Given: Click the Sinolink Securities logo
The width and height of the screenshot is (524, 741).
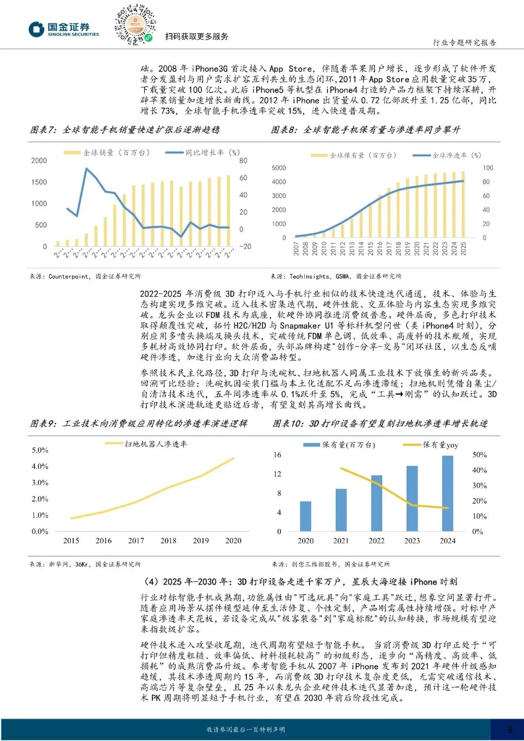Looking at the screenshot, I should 64,29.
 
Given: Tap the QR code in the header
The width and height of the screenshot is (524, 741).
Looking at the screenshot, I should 135,25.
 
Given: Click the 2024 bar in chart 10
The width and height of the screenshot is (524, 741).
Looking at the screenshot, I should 447,493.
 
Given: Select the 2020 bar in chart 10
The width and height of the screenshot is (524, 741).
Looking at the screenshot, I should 305,516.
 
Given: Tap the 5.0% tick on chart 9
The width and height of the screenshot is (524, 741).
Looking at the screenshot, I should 40,450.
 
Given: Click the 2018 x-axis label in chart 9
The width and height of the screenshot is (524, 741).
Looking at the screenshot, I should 168,541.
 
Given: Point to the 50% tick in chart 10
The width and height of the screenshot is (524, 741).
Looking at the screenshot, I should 479,455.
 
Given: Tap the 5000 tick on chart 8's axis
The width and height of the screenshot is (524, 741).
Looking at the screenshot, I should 278,168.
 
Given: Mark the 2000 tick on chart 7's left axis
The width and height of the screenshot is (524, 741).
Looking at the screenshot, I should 39,161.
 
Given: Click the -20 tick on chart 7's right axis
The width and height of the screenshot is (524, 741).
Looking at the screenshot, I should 245,247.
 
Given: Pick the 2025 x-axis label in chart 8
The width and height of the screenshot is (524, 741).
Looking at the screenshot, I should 463,249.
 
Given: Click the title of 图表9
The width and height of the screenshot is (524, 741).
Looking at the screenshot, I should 139,424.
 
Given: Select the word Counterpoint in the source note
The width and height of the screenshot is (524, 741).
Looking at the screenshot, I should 68,277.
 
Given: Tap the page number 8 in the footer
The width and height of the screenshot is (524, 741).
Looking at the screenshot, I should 510,729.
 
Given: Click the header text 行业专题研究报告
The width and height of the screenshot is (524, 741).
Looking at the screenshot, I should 464,43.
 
